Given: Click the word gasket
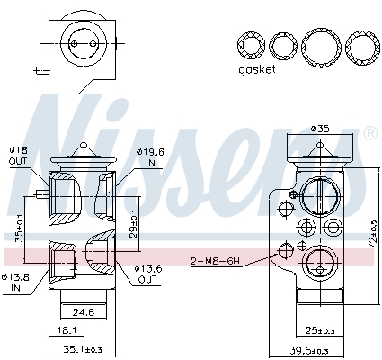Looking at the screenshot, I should [x=257, y=69].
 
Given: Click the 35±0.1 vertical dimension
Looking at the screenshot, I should [x=20, y=224].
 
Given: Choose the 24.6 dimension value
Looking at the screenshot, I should [x=84, y=313].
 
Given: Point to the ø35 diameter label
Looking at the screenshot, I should [x=319, y=128].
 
